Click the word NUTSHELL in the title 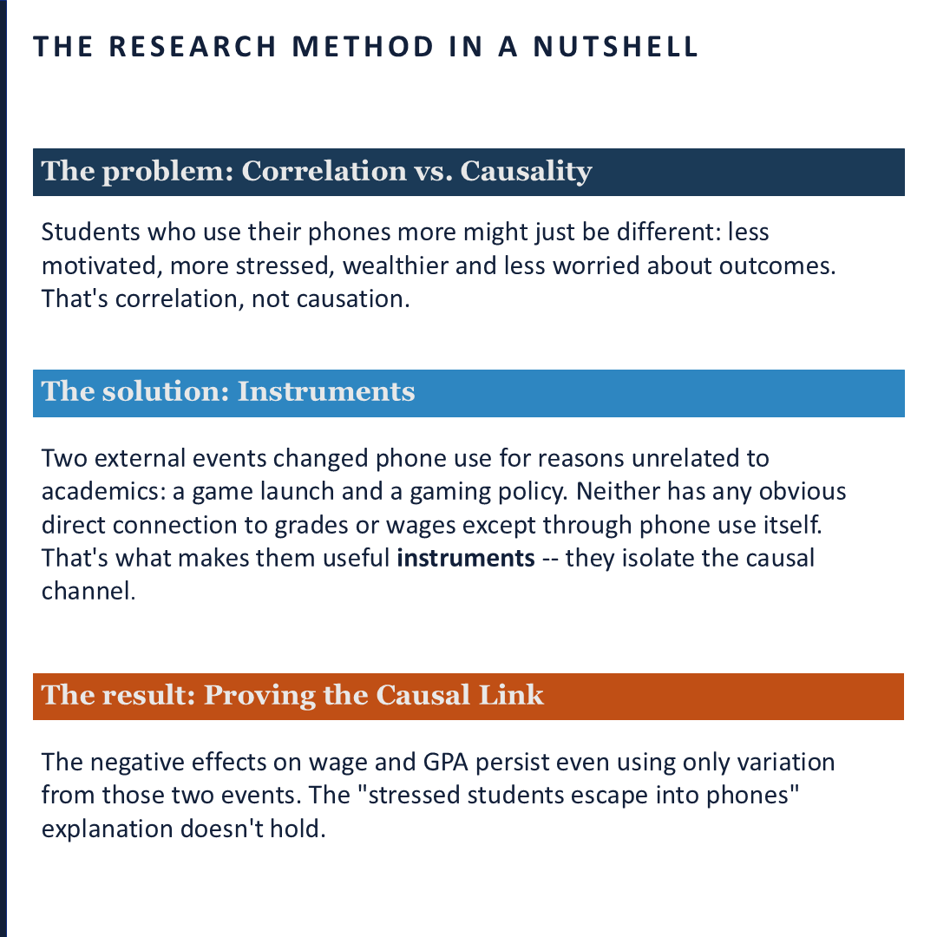pyautogui.click(x=615, y=47)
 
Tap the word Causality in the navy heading pyautogui.click(x=526, y=171)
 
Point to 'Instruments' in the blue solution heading pyautogui.click(x=326, y=391)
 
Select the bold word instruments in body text pyautogui.click(x=466, y=557)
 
